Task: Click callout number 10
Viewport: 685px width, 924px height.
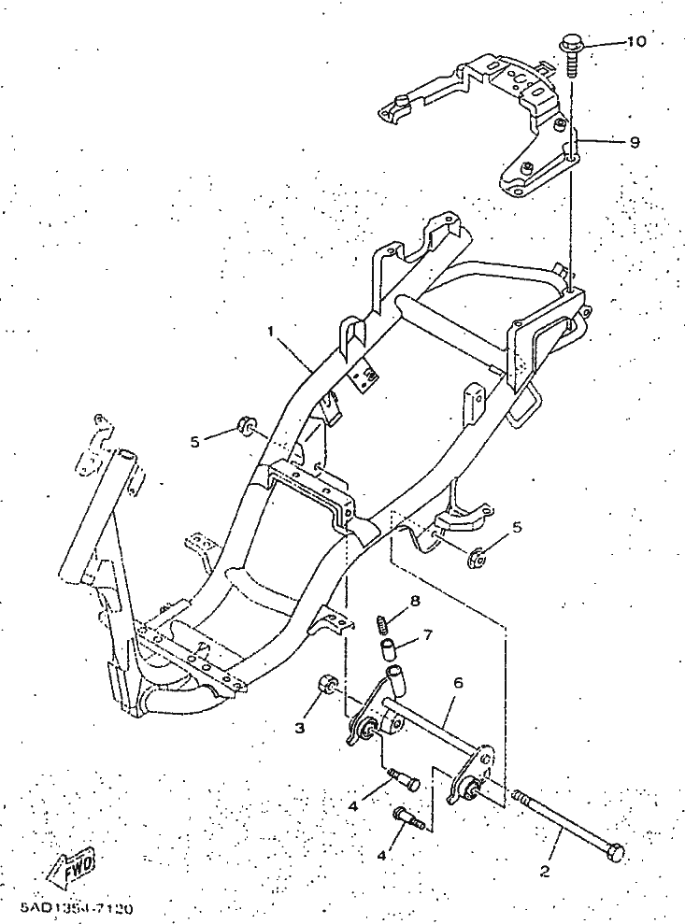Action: pyautogui.click(x=635, y=42)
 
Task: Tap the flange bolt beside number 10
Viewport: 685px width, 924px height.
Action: pyautogui.click(x=571, y=49)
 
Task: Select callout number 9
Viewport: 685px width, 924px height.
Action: pyautogui.click(x=635, y=142)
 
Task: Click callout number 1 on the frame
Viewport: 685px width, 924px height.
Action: pyautogui.click(x=271, y=332)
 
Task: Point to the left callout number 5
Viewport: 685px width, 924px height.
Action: pyautogui.click(x=194, y=441)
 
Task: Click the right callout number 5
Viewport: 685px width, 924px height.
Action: pyautogui.click(x=517, y=527)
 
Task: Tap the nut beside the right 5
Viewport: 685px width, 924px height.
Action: pyautogui.click(x=475, y=560)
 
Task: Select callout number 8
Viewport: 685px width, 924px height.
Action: pyautogui.click(x=415, y=601)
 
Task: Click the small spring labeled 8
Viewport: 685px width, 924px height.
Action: pyautogui.click(x=382, y=621)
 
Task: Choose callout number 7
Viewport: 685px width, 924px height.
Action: pyautogui.click(x=427, y=635)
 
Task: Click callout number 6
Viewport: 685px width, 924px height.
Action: pyautogui.click(x=458, y=683)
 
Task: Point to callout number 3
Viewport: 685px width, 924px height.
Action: pyautogui.click(x=302, y=726)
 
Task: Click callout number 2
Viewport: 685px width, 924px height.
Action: pyautogui.click(x=545, y=874)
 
